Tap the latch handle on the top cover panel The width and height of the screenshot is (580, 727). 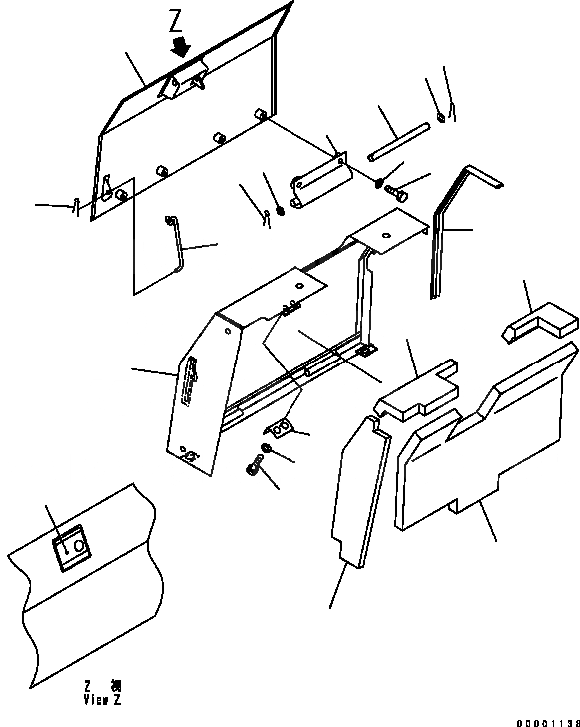[x=186, y=82]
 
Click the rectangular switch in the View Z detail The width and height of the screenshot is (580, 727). [x=72, y=549]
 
